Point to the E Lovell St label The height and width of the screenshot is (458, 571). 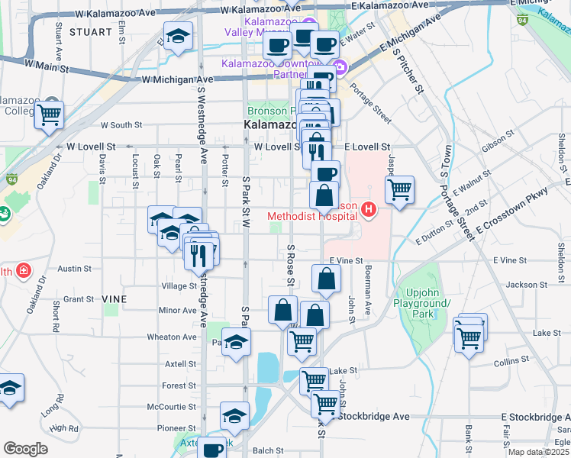pyautogui.click(x=367, y=147)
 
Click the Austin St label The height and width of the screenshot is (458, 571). pyautogui.click(x=74, y=269)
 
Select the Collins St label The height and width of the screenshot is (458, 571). pyautogui.click(x=511, y=362)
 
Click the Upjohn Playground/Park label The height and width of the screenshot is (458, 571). pyautogui.click(x=428, y=309)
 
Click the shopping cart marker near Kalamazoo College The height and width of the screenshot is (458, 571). pyautogui.click(x=48, y=117)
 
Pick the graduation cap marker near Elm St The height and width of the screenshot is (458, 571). pyautogui.click(x=178, y=37)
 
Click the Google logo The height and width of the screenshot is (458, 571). pyautogui.click(x=26, y=449)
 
